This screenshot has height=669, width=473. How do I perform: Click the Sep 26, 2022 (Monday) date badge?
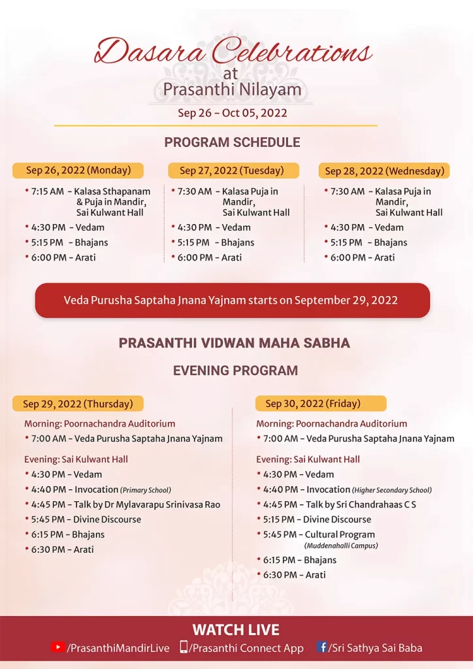[78, 171]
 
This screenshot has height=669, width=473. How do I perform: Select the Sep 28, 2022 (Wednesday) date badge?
[385, 171]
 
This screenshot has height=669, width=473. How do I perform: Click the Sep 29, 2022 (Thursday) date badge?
[78, 404]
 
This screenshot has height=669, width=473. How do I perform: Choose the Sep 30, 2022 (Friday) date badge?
[321, 403]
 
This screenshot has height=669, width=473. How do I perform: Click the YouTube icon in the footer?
[57, 647]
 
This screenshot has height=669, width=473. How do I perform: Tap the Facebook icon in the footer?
[321, 647]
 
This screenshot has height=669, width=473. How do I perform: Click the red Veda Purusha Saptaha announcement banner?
[232, 301]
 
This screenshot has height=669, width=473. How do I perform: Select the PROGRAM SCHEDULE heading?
[232, 142]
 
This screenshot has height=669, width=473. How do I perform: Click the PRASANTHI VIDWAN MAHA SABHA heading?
[234, 343]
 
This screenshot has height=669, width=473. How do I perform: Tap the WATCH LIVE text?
[236, 630]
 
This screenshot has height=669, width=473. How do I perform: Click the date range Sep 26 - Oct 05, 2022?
[233, 113]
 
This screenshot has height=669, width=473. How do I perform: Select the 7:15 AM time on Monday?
[48, 191]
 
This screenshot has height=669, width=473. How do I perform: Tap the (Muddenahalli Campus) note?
[340, 546]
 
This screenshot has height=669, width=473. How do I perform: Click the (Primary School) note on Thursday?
[146, 490]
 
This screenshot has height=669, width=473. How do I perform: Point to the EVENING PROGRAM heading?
[235, 370]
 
